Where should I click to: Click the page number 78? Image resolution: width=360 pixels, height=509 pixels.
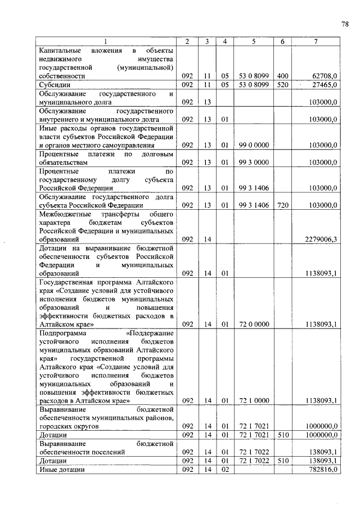coord(344,24)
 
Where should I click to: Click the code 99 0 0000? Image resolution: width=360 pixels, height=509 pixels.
coord(254,145)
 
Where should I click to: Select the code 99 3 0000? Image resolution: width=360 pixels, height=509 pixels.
coord(254,163)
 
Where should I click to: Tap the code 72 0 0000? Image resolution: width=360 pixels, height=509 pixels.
coord(254,325)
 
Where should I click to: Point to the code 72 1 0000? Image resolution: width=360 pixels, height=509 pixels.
coord(254,401)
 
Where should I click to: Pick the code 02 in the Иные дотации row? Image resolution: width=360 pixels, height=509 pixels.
coord(224,470)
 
